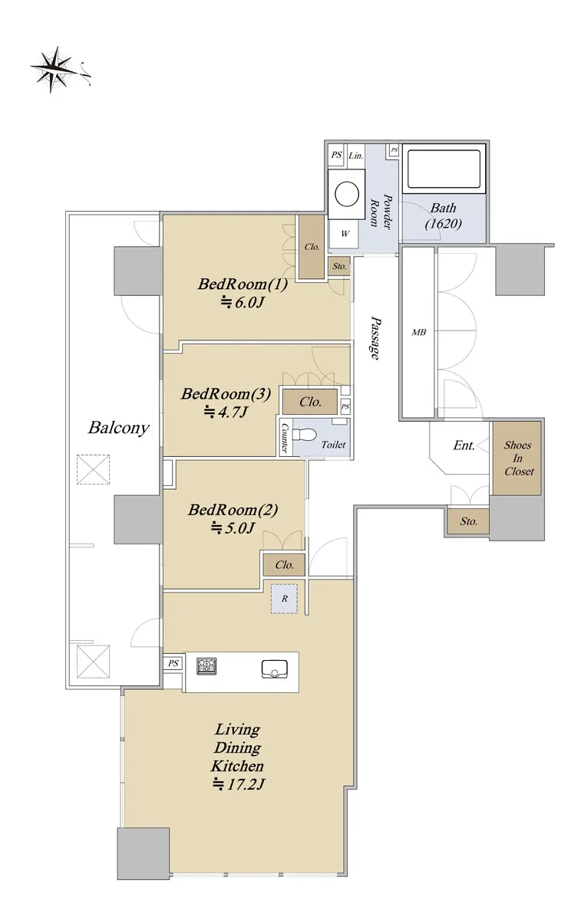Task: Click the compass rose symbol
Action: tap(54, 70)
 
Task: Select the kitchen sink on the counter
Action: tap(275, 669)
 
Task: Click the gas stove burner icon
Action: tap(206, 665)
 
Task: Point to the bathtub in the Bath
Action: tap(444, 169)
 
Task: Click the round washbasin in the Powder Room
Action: tap(347, 195)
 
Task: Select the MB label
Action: tap(418, 332)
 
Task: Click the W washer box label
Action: tap(345, 234)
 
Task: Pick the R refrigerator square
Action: tap(284, 599)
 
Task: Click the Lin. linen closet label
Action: tap(355, 155)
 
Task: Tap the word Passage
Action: tap(375, 337)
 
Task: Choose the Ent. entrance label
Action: tap(464, 445)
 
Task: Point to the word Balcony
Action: tap(118, 428)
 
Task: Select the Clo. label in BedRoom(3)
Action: tap(310, 401)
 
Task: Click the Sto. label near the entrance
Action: tap(468, 521)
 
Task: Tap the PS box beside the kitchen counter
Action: tap(173, 663)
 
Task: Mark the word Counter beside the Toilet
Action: tap(284, 437)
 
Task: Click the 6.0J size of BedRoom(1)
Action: tap(243, 303)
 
